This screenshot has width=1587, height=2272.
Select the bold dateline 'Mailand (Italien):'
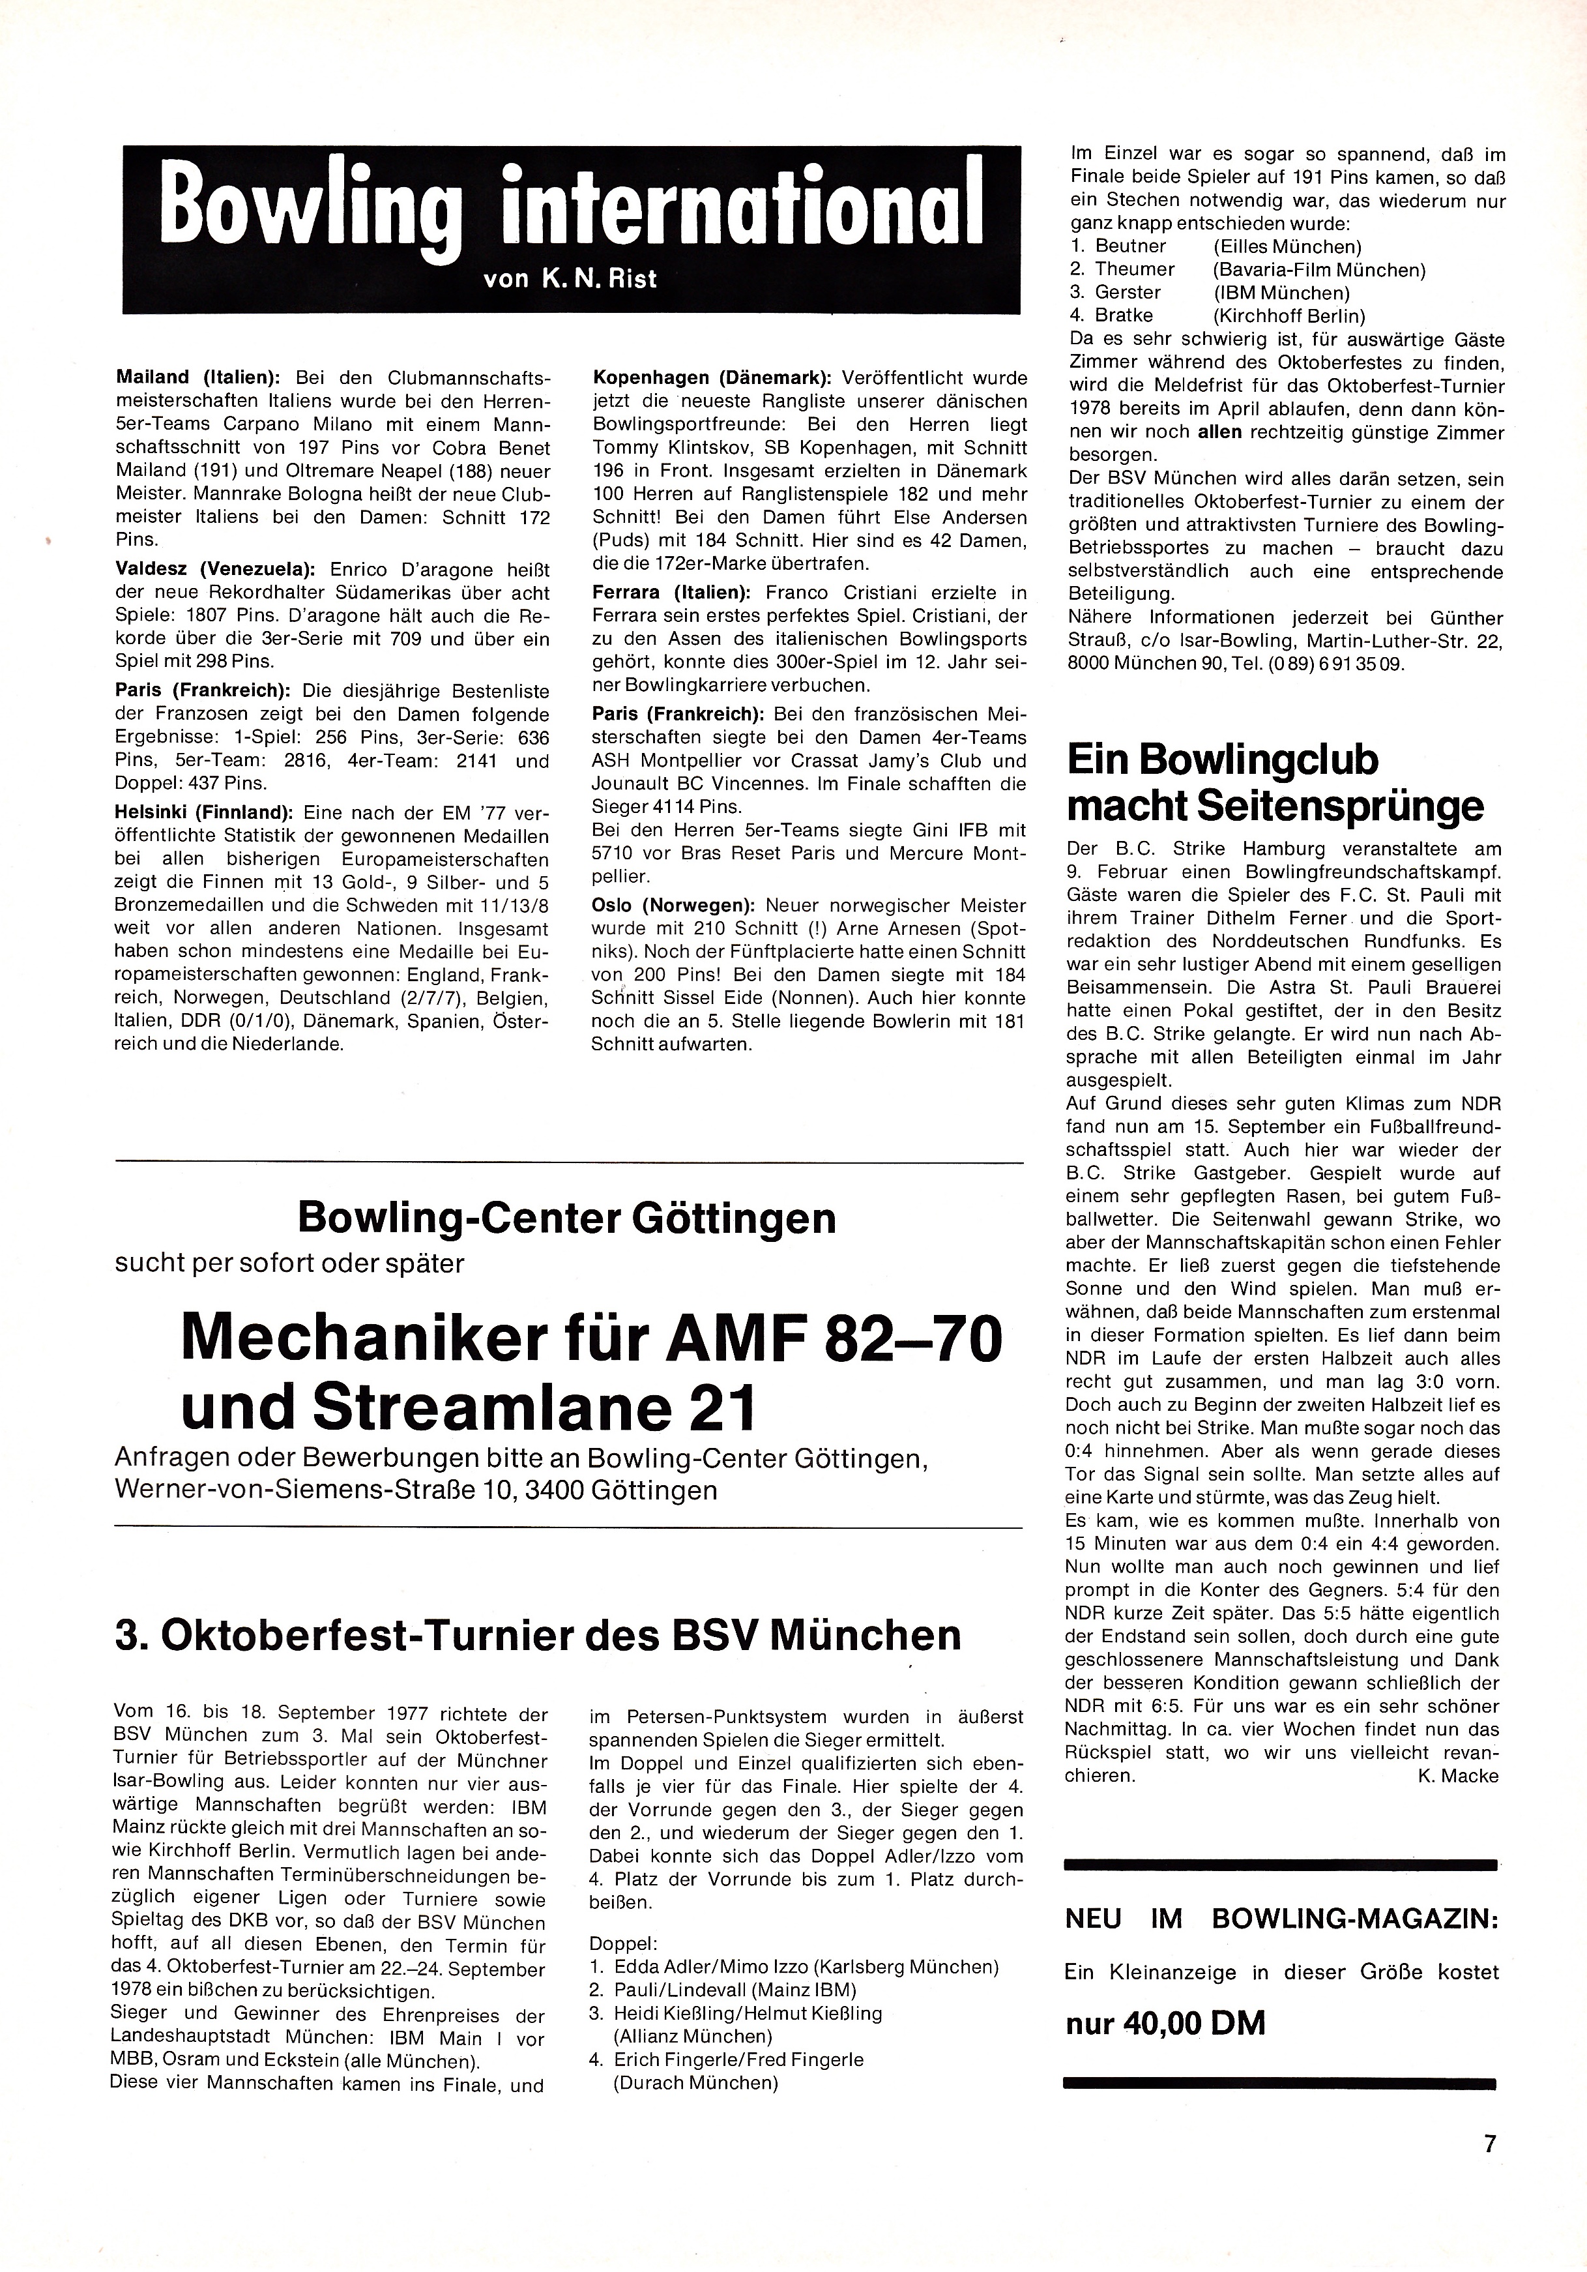(x=199, y=378)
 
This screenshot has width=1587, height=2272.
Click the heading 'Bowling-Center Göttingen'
(x=567, y=1219)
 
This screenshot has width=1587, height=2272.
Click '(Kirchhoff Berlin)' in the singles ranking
(x=1289, y=316)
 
